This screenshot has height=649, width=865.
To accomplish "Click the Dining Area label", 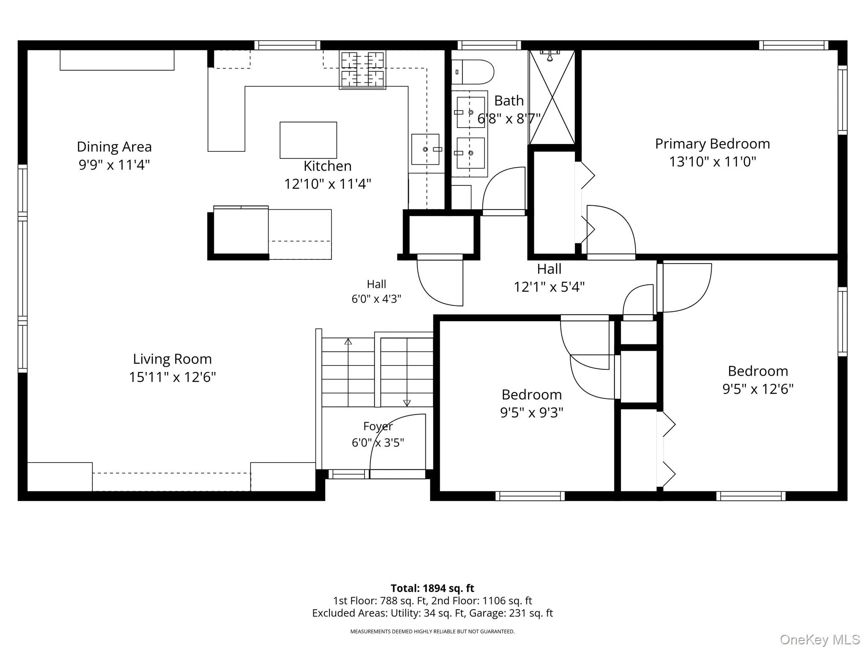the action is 114,147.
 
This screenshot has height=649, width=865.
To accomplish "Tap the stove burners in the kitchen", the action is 362,70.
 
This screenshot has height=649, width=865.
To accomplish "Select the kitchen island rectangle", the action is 308,140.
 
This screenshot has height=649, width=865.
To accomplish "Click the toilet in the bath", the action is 473,72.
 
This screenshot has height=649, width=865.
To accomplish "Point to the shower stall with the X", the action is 552,98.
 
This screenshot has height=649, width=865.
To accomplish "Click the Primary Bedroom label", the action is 713,144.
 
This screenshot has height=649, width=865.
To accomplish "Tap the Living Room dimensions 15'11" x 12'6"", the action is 172,377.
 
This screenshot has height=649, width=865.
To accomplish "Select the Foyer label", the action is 378,426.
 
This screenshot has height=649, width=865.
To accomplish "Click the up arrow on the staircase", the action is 348,341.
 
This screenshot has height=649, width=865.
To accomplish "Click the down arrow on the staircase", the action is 407,403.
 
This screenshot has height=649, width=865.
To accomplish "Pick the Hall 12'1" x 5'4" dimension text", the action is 549,287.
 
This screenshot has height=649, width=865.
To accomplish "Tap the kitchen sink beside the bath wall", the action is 426,150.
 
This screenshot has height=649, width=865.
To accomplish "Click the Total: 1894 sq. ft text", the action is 432,588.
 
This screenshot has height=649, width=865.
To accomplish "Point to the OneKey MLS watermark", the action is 820,640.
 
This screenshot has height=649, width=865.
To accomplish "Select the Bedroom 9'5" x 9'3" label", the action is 532,404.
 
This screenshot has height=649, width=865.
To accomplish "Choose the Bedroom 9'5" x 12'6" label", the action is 758,380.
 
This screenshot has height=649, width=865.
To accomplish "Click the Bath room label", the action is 509,101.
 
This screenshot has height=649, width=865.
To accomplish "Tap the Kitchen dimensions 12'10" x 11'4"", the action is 328,184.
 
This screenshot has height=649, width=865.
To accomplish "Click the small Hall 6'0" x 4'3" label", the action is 376,292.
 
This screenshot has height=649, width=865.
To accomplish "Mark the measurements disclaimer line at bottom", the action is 432,632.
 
